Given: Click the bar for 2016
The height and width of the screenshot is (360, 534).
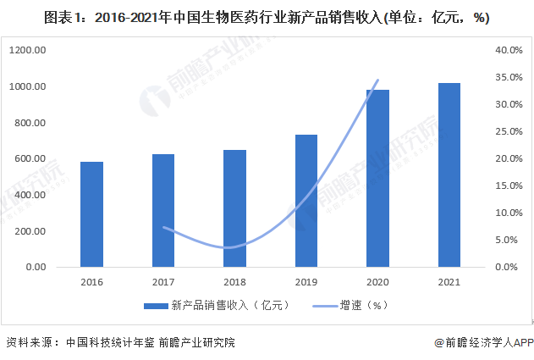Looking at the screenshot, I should (91, 214).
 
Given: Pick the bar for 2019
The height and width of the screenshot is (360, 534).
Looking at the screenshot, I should (306, 201).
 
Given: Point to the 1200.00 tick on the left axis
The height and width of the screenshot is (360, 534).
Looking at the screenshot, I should (29, 51).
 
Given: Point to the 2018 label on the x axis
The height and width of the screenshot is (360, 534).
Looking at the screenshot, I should (234, 284).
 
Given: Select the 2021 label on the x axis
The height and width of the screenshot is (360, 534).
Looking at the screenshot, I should (449, 284).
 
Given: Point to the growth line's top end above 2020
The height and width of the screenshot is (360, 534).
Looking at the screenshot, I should (377, 80).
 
